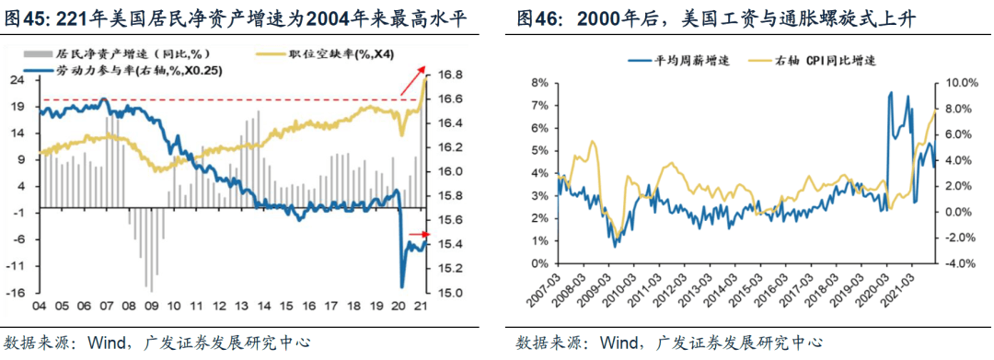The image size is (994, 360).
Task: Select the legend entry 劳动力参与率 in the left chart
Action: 121,70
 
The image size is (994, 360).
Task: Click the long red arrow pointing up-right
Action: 412,80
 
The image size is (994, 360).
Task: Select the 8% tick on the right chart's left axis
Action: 541,83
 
